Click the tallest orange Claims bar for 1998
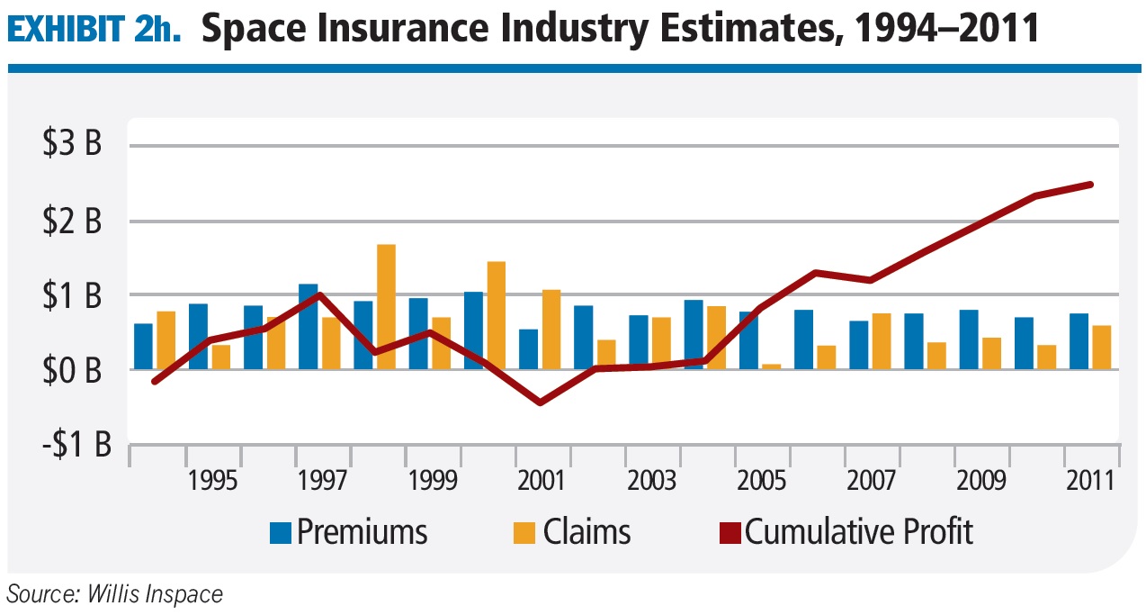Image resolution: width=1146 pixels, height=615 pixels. tap(386, 306)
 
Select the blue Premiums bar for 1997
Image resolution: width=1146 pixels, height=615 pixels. tap(309, 326)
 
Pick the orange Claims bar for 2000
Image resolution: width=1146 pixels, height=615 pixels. tap(496, 315)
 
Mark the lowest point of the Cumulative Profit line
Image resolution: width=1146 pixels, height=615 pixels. tap(540, 402)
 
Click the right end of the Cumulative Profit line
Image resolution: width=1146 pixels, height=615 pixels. tap(1090, 185)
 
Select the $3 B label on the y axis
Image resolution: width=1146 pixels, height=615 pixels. tap(72, 146)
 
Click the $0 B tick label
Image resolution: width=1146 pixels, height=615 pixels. tap(72, 370)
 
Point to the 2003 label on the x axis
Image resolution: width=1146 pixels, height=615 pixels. tap(652, 481)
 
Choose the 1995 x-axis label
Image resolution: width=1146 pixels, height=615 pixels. tap(213, 481)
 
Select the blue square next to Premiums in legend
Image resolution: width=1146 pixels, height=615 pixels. tap(281, 532)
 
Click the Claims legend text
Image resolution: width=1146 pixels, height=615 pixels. tap(586, 532)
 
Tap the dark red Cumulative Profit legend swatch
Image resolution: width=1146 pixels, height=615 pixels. tap(730, 532)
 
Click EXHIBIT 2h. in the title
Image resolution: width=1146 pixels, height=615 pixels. tap(94, 31)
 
